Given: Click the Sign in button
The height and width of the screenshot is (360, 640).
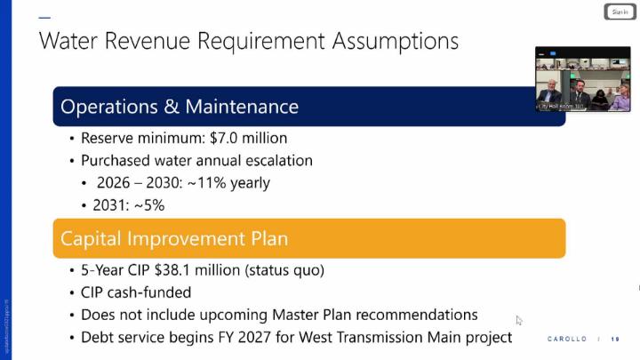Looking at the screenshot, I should pos(620,12).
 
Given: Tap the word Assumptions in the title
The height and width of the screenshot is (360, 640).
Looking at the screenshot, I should pos(395,42).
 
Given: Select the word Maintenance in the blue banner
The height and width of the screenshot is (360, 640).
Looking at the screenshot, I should pos(242,108).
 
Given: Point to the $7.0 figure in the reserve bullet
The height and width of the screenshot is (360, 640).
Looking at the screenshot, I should pos(226,139).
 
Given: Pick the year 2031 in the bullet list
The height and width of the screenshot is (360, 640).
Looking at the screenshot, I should pos(110,205).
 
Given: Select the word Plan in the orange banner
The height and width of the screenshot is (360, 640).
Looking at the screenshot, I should pos(268,239).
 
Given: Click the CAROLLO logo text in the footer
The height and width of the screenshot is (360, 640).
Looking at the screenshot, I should pos(567,339).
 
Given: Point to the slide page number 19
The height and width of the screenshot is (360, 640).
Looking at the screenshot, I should pos(615,339).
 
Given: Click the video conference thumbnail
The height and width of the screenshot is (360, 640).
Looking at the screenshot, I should pos(582,79).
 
